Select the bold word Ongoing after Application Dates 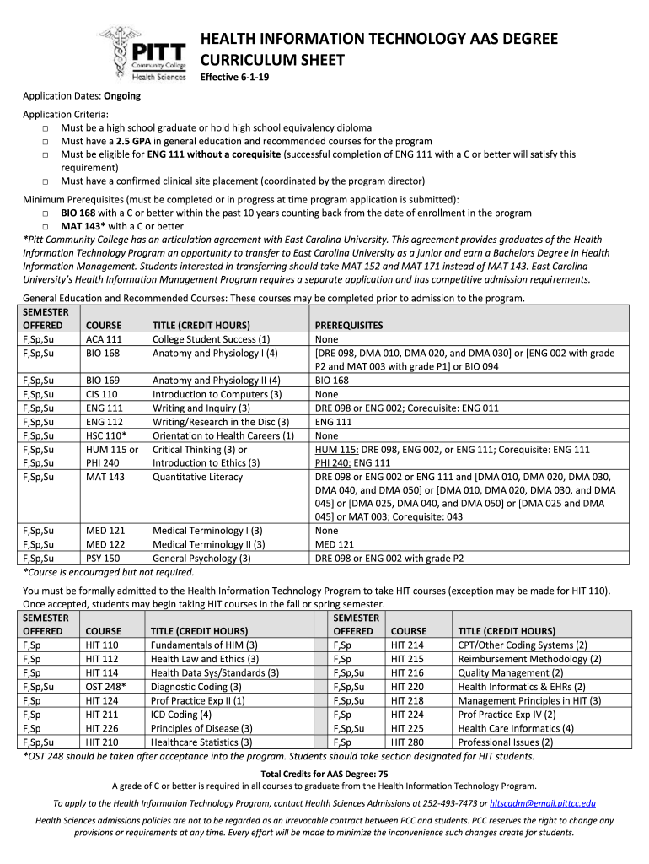coord(122,95)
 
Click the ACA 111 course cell coord(104,338)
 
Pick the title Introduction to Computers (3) coord(217,394)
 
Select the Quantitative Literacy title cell coord(197,477)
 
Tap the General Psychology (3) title coord(201,558)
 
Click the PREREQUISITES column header coord(348,325)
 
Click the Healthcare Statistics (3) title coord(201,742)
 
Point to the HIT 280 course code coord(407,742)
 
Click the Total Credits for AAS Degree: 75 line coord(324,773)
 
